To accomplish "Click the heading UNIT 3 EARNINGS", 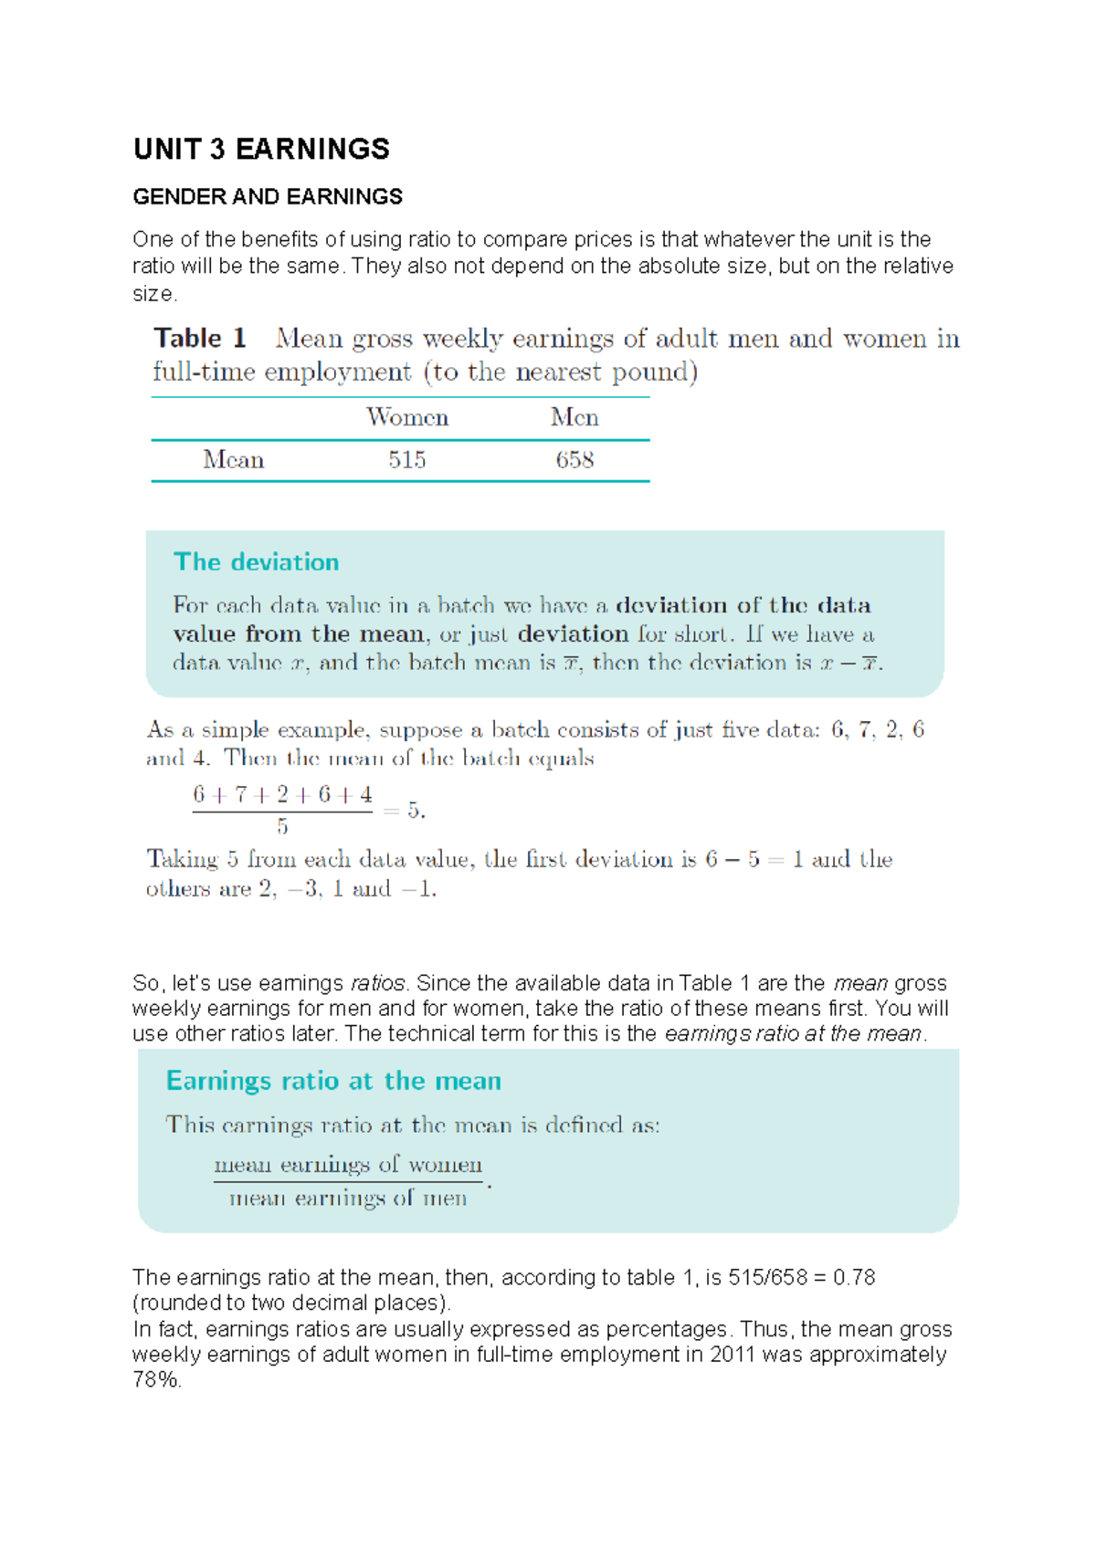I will [x=261, y=150].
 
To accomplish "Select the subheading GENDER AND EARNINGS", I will [x=268, y=197].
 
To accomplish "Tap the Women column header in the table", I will [x=407, y=418].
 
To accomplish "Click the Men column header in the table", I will [x=574, y=418].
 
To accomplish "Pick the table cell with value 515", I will [x=407, y=460].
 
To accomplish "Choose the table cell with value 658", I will [x=574, y=460].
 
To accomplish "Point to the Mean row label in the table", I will [x=234, y=460].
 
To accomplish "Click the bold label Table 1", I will [x=200, y=339].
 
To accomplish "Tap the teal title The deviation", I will [x=257, y=562].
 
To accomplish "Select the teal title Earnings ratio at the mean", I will [x=333, y=1082].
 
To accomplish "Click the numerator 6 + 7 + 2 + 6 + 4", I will [x=282, y=795].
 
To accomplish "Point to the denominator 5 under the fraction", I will [x=282, y=827].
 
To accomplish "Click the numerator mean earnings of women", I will [x=348, y=1165].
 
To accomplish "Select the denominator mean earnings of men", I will [x=348, y=1199].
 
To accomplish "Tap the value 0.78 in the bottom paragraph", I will [x=854, y=1278].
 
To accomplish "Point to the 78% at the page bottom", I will [x=155, y=1380].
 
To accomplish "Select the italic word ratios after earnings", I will [x=377, y=984].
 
